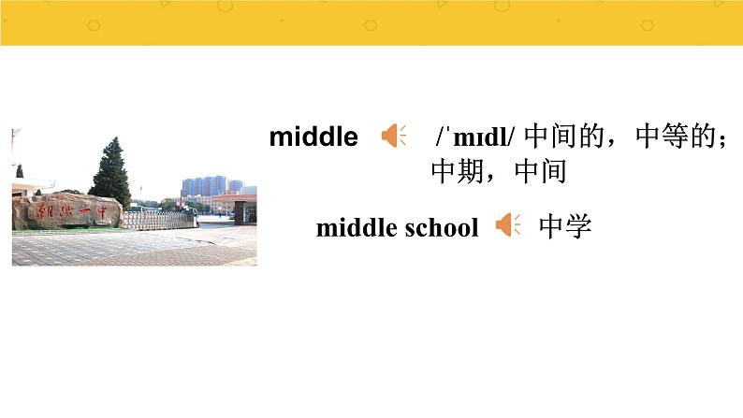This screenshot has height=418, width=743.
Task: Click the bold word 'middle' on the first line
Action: coord(313,137)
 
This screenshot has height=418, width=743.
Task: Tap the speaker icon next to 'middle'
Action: coord(393,137)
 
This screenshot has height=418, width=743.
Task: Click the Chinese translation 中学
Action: coord(566,226)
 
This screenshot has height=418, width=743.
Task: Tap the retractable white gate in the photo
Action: coord(158,220)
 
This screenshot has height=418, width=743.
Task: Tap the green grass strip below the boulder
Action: coord(56,230)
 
